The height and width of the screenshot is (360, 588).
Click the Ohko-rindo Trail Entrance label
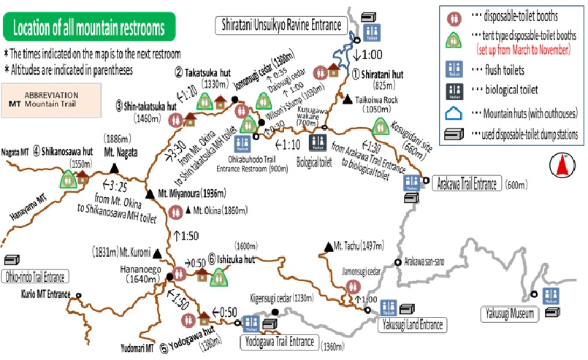pos(34,277)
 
